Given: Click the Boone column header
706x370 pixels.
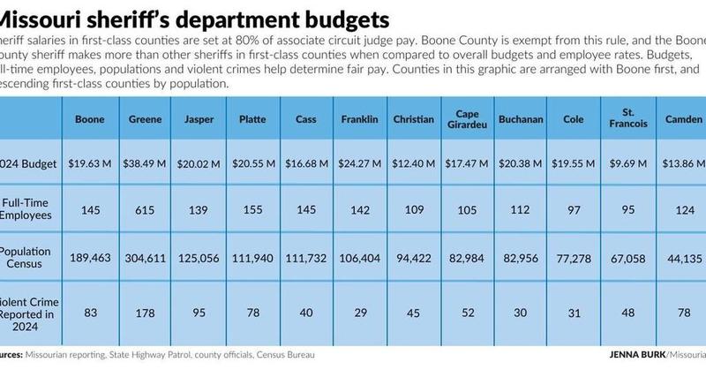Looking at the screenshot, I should pyautogui.click(x=90, y=119).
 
